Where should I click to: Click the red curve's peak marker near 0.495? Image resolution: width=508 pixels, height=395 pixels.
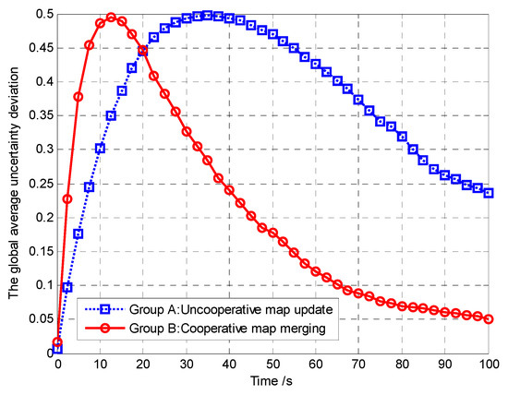pos(111,18)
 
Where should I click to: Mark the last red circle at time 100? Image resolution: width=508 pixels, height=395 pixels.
pos(488,319)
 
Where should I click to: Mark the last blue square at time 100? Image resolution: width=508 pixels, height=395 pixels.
pos(488,193)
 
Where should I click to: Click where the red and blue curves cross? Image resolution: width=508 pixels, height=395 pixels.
pos(142,51)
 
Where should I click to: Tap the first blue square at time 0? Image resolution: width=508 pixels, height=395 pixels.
pos(57,349)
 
